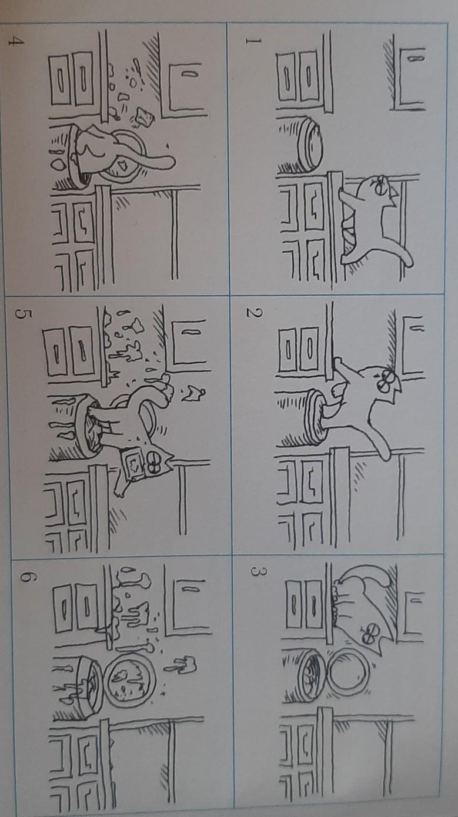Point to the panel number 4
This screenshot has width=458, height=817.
[16, 42]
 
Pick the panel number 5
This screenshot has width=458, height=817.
[23, 314]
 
